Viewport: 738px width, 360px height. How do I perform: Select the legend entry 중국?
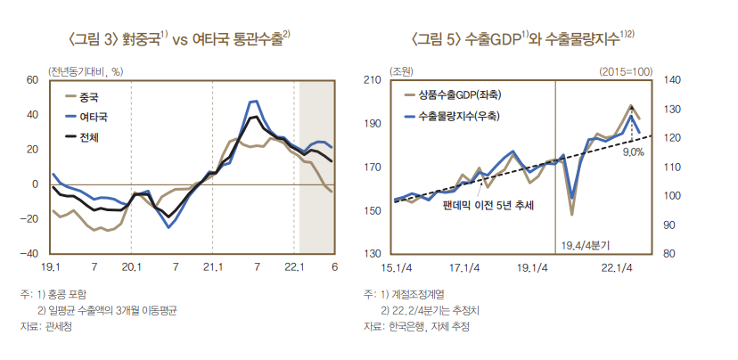(x=88, y=98)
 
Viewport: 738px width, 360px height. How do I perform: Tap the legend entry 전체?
(x=88, y=136)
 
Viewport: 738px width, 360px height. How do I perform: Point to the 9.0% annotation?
(x=632, y=152)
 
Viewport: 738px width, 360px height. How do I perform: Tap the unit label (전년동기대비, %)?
(x=86, y=70)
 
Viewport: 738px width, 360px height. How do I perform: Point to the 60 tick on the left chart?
(x=31, y=80)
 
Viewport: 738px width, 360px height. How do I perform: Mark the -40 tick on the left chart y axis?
(x=29, y=254)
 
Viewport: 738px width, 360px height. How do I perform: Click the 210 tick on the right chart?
(x=373, y=80)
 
